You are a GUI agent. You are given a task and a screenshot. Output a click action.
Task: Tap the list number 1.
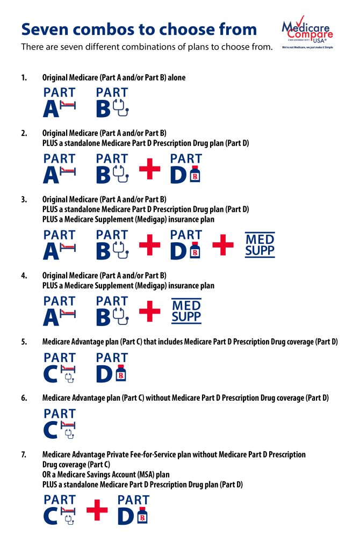click(24, 78)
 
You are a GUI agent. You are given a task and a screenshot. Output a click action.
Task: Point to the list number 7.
click(24, 455)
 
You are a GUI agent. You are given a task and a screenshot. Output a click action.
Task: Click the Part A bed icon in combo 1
click(68, 105)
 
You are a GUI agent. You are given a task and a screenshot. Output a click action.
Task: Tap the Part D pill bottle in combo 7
click(142, 516)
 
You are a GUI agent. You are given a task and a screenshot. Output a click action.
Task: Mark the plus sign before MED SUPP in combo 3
click(223, 245)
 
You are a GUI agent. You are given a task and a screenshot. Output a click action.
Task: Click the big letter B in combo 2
click(103, 175)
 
